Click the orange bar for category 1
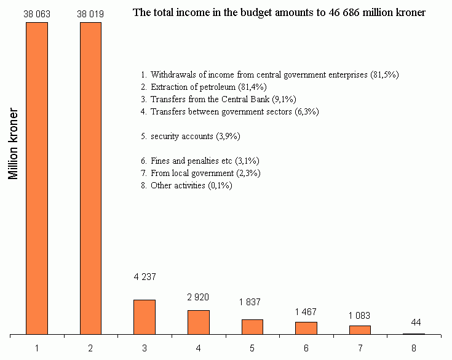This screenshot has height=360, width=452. tap(37, 178)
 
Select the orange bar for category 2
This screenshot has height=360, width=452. tap(90, 178)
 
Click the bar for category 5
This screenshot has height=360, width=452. tap(252, 327)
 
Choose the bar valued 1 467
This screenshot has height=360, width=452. tap(306, 328)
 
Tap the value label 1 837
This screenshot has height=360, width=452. tap(252, 302)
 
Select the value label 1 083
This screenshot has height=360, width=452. tap(360, 316)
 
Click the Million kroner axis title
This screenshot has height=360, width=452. tap(13, 145)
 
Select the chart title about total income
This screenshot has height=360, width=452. tap(279, 12)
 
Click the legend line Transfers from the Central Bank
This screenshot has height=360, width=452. tap(218, 99)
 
